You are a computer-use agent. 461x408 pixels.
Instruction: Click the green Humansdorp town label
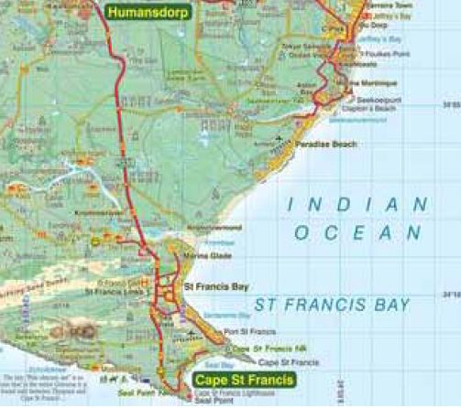(148, 13)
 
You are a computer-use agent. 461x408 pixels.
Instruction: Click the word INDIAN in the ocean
(357, 204)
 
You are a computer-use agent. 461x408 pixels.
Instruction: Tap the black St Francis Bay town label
(216, 286)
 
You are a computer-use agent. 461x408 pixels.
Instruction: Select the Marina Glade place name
(203, 255)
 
